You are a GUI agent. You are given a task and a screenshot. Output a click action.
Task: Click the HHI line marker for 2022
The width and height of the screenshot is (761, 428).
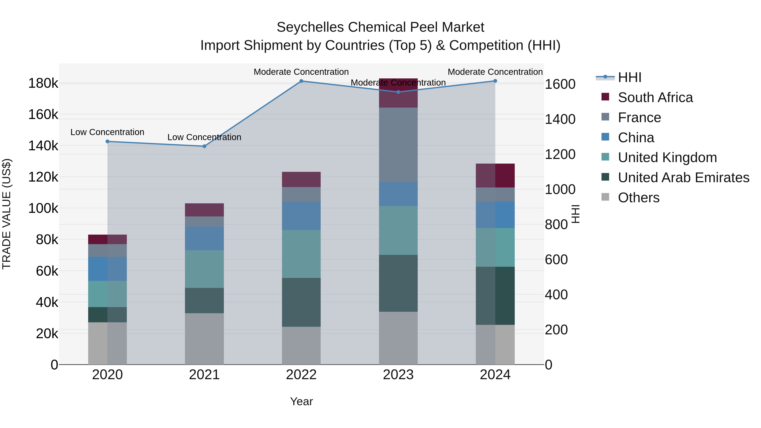click(301, 81)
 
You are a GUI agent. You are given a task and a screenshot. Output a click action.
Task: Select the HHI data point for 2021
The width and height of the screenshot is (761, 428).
click(204, 146)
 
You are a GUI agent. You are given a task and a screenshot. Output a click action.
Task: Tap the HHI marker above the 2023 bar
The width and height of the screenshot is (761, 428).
click(398, 92)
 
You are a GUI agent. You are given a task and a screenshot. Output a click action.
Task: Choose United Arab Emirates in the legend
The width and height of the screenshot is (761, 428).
click(683, 178)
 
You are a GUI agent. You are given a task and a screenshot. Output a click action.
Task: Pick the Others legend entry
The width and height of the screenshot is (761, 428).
click(638, 198)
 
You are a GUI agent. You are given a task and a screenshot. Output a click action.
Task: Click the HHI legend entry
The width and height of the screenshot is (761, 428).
click(629, 77)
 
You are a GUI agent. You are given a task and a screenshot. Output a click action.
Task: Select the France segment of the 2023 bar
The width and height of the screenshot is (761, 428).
click(398, 145)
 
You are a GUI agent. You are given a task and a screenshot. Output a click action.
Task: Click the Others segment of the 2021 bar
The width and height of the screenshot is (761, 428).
click(204, 339)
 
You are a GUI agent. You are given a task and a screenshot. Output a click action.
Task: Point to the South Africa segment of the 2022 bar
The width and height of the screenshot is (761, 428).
click(301, 179)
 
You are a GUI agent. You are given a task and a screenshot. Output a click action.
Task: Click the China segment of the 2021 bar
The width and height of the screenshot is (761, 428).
click(204, 238)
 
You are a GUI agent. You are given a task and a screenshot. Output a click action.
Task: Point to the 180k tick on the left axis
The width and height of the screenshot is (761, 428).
click(43, 83)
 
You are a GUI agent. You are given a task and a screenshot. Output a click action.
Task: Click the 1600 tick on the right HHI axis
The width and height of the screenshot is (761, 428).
click(560, 84)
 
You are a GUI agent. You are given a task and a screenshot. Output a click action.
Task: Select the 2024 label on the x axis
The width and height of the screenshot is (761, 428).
click(495, 375)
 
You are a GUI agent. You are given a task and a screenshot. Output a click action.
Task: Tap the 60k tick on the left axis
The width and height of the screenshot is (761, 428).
click(47, 271)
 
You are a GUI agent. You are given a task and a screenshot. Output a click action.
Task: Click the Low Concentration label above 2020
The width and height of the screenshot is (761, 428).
click(107, 132)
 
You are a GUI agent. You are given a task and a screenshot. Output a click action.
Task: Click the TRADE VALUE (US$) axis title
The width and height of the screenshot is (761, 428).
click(7, 214)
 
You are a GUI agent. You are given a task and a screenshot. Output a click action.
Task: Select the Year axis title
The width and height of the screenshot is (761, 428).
click(301, 401)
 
